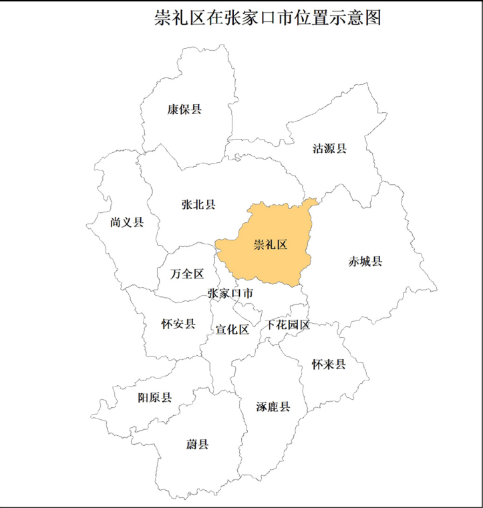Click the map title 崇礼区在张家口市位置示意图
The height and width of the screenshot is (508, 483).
click(x=267, y=18)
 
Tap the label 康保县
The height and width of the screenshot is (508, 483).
click(x=184, y=109)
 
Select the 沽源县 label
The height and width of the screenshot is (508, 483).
click(x=330, y=148)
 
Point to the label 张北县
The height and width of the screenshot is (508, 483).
click(x=198, y=205)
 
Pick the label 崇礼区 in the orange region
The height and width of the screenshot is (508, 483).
click(x=270, y=245)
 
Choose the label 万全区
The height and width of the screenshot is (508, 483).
click(x=187, y=274)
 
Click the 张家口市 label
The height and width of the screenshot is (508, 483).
click(x=230, y=293)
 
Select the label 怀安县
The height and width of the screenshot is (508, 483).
click(x=178, y=324)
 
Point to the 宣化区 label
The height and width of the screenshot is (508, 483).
click(x=232, y=330)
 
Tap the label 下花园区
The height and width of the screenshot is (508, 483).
click(x=288, y=325)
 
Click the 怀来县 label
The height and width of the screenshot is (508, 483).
click(x=329, y=364)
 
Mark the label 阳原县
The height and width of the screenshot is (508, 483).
click(x=155, y=398)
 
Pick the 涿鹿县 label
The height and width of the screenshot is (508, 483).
click(x=273, y=407)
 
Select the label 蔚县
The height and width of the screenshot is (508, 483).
click(x=198, y=444)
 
